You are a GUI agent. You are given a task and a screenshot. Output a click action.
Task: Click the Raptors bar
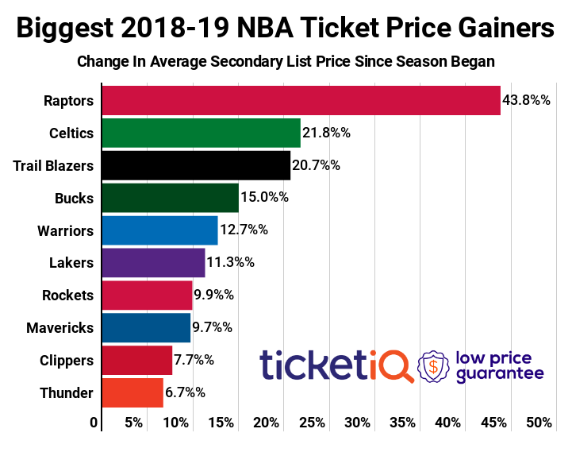click(301, 101)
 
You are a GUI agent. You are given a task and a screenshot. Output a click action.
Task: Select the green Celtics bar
click(202, 133)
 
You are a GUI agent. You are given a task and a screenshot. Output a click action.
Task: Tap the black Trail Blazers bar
click(196, 165)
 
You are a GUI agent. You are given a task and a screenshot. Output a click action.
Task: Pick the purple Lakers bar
click(154, 263)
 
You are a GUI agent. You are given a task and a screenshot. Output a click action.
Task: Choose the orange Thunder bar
click(132, 392)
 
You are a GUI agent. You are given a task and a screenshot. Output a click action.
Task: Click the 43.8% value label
click(527, 101)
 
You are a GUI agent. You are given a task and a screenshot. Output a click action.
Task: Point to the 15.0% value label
click(264, 198)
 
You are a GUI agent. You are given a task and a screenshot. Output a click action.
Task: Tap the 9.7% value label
click(212, 327)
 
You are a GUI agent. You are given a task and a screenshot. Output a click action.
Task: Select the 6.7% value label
click(185, 392)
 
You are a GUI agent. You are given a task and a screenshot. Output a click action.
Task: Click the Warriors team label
click(65, 231)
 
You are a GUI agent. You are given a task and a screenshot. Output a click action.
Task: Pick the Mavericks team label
click(60, 327)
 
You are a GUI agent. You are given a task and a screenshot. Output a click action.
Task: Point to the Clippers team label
click(67, 360)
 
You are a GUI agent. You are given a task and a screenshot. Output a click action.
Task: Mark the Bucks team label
click(75, 198)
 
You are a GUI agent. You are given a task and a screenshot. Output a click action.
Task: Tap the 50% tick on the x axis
click(539, 423)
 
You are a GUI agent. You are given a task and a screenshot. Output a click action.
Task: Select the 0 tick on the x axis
click(94, 423)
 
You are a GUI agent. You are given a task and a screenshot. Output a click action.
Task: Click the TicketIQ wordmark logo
click(336, 366)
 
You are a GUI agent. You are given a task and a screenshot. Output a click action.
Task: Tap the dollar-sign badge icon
click(433, 366)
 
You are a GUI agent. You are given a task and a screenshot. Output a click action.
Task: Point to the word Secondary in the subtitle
click(286, 61)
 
